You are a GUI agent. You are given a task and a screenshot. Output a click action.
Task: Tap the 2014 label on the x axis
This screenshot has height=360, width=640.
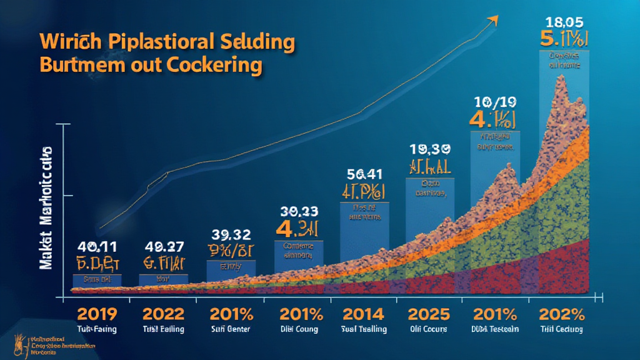(x=364, y=313)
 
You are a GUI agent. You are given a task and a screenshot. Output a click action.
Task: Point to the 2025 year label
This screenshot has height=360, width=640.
(x=428, y=313)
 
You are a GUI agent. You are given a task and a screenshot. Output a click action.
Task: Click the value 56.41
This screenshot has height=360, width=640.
(x=364, y=174)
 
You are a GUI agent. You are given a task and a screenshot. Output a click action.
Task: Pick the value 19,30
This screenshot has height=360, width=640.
(x=429, y=149)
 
